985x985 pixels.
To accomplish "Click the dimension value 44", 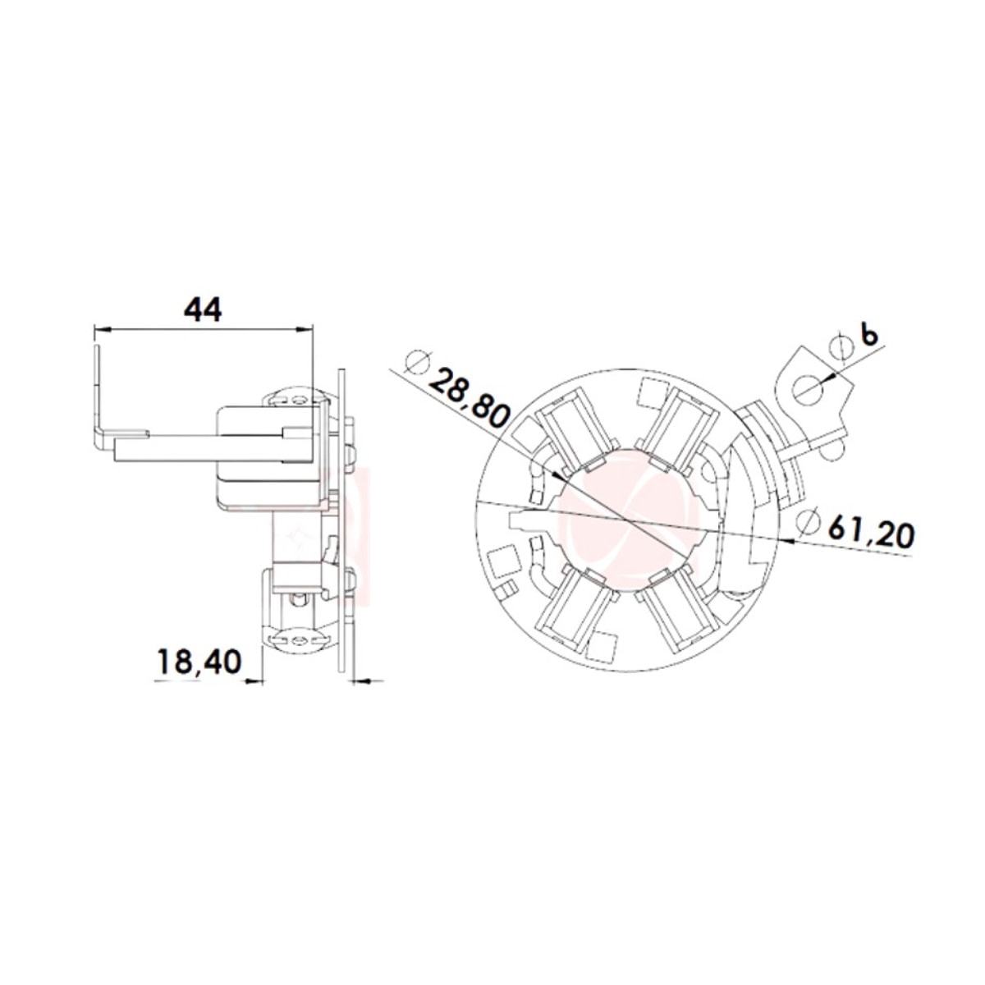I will pos(202,309).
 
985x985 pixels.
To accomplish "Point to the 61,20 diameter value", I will pos(871,534).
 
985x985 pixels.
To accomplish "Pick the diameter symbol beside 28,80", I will pos(418,361).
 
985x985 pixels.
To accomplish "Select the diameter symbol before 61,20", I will pos(809,522).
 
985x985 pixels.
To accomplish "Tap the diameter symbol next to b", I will pos(840,346).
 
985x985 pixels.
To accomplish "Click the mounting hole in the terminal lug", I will pos(808,387).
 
